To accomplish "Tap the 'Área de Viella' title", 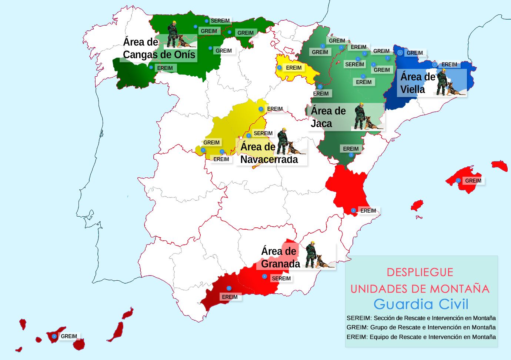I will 418,83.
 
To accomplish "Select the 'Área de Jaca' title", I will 328,117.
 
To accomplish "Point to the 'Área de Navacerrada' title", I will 269,153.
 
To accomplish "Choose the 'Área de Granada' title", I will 280,257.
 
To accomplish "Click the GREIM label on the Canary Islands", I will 69,336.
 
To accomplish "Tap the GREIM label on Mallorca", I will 473,181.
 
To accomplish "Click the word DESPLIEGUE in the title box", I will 420,272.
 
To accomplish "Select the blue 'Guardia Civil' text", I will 421,304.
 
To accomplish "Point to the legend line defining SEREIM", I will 421,318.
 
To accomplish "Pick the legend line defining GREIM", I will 421,327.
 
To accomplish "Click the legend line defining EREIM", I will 421,337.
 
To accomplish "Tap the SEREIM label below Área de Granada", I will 281,279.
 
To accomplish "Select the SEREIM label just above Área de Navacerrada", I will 263,133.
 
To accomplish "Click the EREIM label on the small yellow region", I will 294,68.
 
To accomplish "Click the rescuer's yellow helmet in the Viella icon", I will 442,71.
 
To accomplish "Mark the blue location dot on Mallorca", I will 458,181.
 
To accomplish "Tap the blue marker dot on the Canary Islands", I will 54,336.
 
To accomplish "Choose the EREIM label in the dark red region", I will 230,297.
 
